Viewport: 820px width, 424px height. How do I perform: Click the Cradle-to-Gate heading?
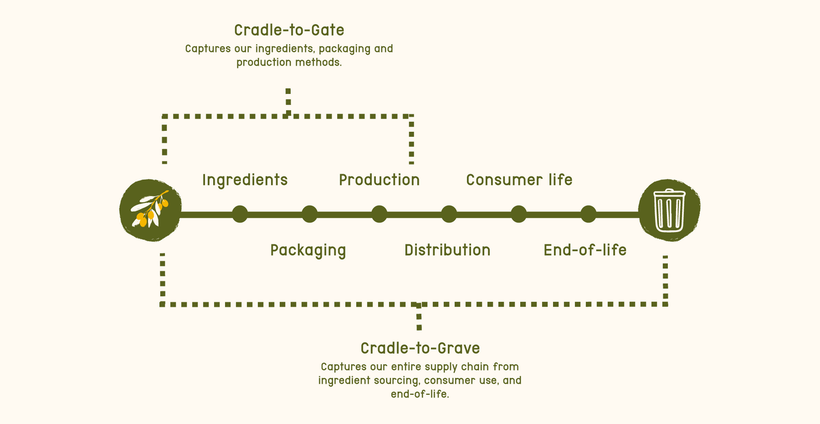tap(289, 30)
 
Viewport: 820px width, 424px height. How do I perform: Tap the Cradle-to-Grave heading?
tap(420, 348)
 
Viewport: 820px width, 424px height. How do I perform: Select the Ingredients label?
tap(245, 180)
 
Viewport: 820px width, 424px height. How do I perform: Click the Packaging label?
tap(308, 251)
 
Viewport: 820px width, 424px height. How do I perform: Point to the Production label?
tap(379, 180)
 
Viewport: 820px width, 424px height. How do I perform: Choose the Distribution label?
tap(447, 250)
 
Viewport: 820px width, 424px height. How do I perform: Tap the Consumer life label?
tap(519, 180)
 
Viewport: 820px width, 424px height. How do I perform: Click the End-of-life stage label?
tap(585, 250)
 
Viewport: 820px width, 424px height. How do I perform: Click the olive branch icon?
tap(151, 210)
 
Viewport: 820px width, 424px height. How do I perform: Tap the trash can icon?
tap(669, 210)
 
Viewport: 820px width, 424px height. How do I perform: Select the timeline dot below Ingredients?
tap(240, 214)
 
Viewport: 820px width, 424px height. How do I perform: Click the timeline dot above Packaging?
tap(310, 214)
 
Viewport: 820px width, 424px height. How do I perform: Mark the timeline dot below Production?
tap(379, 214)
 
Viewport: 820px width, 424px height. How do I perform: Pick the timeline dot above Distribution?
tap(449, 214)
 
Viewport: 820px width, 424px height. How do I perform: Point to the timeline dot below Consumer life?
tap(519, 214)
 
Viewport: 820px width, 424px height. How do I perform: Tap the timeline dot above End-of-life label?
tap(588, 214)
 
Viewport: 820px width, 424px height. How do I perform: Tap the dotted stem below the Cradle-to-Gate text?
tap(288, 102)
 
